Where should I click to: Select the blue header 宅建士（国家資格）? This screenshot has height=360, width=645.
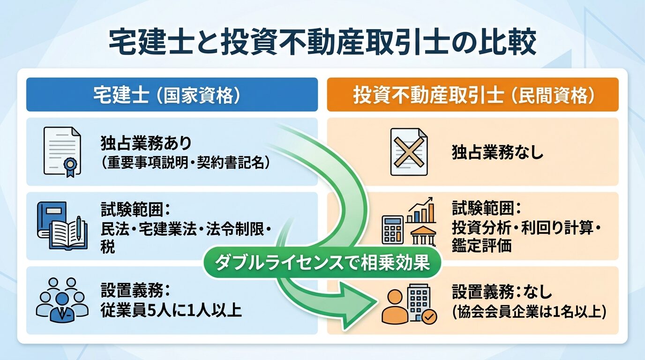pos(172,95)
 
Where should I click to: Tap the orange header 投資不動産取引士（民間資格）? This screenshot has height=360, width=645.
pos(472,95)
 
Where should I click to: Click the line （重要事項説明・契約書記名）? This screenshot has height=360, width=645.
pos(186,162)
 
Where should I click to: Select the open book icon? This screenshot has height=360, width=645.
pos(62,226)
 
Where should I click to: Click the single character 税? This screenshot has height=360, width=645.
pos(107,247)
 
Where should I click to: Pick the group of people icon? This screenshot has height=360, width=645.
pos(62,300)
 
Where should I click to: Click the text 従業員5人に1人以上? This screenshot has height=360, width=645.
pos(171,310)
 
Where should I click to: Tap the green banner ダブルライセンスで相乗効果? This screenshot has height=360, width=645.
pos(322,262)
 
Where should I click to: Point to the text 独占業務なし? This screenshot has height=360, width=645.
pos(497,152)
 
